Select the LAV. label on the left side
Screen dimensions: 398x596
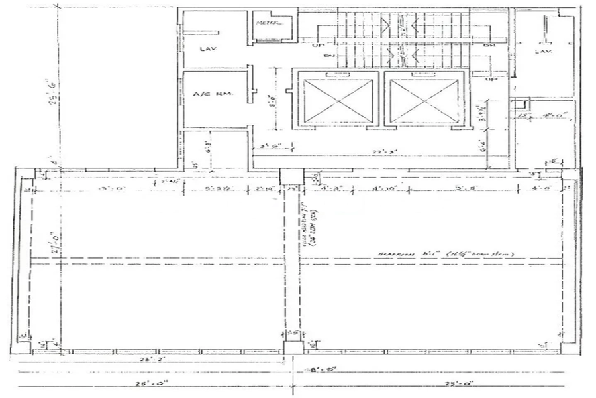(209, 49)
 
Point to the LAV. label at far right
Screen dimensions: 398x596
(544, 51)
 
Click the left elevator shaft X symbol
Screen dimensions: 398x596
(338, 99)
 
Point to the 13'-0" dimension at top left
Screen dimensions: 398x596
(108, 188)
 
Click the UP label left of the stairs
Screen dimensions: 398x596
(317, 45)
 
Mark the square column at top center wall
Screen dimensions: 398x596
(291, 176)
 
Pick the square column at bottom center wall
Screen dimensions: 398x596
(292, 346)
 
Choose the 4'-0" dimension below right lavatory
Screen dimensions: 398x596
(548, 115)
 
